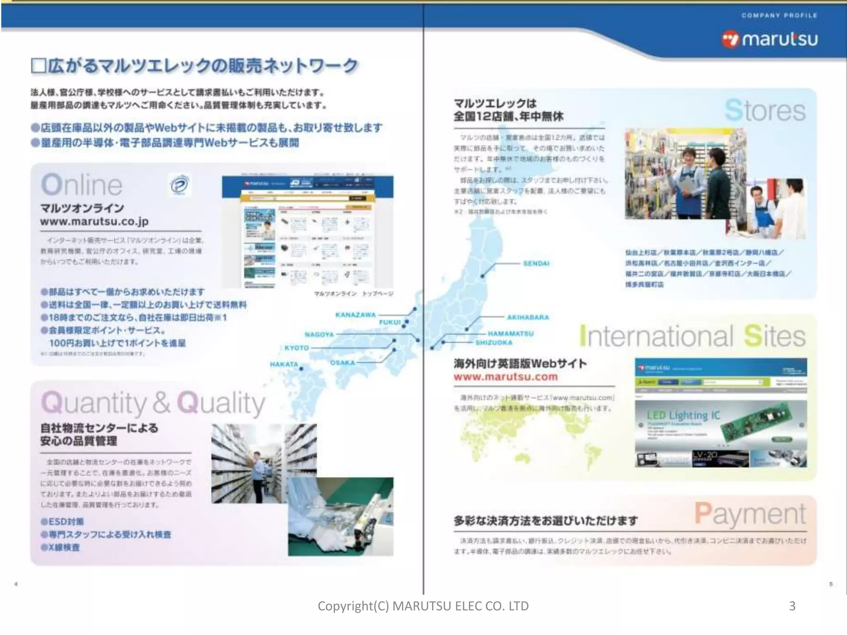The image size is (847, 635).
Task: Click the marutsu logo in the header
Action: [770, 40]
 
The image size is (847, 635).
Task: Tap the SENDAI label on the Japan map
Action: [536, 263]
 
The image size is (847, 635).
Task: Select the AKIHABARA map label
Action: [528, 317]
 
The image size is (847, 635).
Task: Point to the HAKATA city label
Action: [284, 364]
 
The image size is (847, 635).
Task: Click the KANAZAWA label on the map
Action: [355, 315]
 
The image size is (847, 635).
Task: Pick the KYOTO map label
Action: [297, 348]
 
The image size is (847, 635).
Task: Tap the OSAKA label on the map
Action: [342, 363]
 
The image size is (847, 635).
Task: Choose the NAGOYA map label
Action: [319, 334]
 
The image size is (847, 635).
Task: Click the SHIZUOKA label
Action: [494, 343]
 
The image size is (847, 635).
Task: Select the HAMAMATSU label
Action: [511, 334]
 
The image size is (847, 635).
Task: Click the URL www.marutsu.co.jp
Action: [94, 222]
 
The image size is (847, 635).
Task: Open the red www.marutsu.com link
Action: [505, 377]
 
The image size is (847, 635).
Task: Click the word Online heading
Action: [81, 185]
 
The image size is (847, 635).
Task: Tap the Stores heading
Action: [765, 111]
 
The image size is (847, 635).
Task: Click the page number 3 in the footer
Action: [792, 606]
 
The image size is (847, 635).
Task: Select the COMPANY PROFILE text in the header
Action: [779, 16]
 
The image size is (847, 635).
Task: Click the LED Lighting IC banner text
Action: [683, 415]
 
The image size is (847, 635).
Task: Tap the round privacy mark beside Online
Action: [179, 185]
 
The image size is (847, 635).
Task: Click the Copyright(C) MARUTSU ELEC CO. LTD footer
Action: [423, 606]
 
